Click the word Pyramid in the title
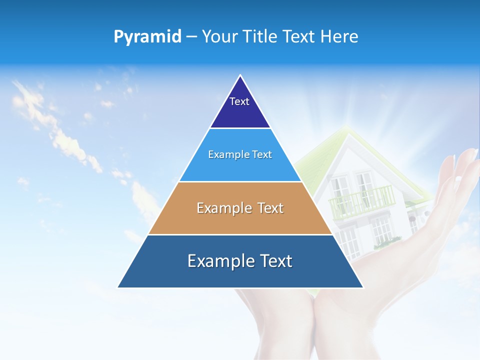click(x=147, y=36)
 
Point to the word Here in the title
click(x=339, y=36)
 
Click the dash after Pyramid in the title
click(x=191, y=37)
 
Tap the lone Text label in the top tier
click(x=239, y=101)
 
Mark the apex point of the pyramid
click(x=240, y=75)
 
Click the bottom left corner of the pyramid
click(x=118, y=287)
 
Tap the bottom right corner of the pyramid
click(x=363, y=287)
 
